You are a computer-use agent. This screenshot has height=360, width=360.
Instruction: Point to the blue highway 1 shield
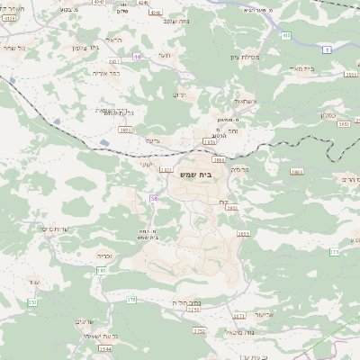tap(328, 48)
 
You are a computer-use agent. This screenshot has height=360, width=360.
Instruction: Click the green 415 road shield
tap(286, 35)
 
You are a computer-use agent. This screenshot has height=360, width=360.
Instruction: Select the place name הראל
tap(113, 40)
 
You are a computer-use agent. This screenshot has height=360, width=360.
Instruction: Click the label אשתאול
tap(244, 102)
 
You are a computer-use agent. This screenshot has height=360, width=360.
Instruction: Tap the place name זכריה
tap(105, 256)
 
